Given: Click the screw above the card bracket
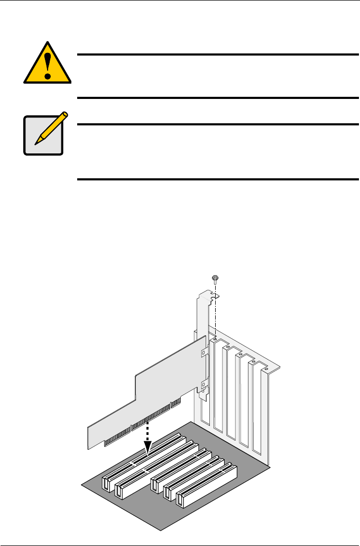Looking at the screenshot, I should (x=215, y=278).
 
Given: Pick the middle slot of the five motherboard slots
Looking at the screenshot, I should (x=180, y=467).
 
